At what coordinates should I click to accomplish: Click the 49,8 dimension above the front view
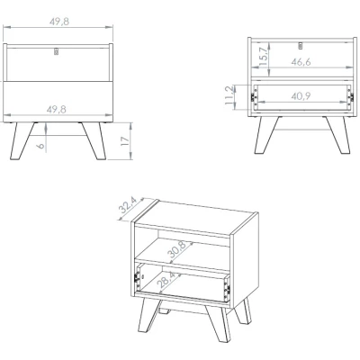[x=59, y=22]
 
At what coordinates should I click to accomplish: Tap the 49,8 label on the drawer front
[x=57, y=110]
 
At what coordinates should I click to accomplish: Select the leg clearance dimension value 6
[x=41, y=146]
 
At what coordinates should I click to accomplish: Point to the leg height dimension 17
[x=125, y=140]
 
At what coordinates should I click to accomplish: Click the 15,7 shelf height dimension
[x=263, y=57]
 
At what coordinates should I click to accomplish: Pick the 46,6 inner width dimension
[x=301, y=62]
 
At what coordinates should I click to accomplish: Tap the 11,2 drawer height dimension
[x=229, y=95]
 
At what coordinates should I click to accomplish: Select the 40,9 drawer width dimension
[x=301, y=96]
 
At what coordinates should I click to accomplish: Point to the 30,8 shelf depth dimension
[x=176, y=249]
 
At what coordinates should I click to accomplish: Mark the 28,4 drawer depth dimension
[x=167, y=281]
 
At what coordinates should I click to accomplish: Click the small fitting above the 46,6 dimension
[x=301, y=45]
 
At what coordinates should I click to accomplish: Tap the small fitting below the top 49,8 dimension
[x=56, y=51]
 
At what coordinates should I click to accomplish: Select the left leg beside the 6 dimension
[x=22, y=140]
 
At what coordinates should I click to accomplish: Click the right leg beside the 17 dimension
[x=94, y=140]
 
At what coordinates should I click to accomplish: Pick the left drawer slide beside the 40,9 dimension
[x=254, y=96]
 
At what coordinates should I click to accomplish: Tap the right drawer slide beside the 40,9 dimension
[x=350, y=96]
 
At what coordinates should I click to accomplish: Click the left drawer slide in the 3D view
[x=138, y=277]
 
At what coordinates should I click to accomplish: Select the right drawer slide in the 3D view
[x=227, y=290]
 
